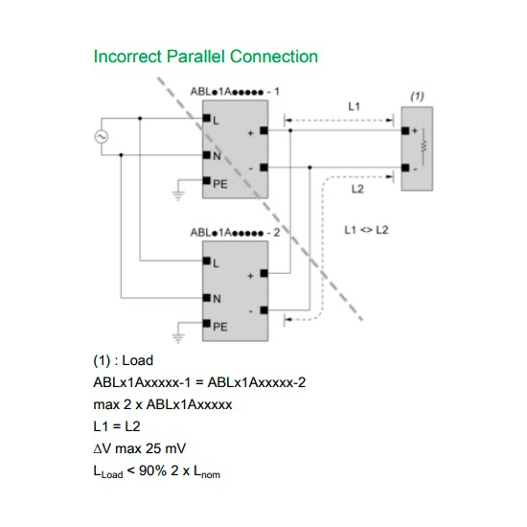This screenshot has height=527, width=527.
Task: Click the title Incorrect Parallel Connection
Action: pyautogui.click(x=205, y=57)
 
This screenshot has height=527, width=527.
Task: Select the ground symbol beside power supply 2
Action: pyautogui.click(x=177, y=337)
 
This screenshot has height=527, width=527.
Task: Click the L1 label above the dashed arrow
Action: pyautogui.click(x=354, y=105)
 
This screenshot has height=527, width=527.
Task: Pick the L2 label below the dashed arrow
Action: pyautogui.click(x=357, y=190)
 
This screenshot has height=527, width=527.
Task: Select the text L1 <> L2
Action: pyautogui.click(x=365, y=231)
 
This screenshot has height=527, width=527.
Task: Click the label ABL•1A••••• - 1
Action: pyautogui.click(x=235, y=90)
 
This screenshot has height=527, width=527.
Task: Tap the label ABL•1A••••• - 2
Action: pyautogui.click(x=235, y=233)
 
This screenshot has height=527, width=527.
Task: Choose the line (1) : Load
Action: pyautogui.click(x=124, y=361)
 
